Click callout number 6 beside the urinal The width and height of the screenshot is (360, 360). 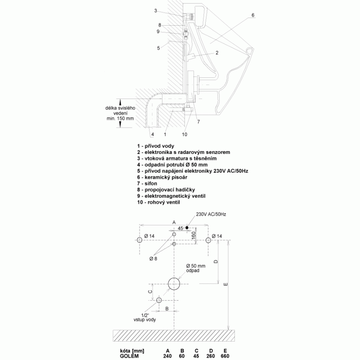253,15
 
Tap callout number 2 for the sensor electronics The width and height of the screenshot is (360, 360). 217,53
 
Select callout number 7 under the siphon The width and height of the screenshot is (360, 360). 198,121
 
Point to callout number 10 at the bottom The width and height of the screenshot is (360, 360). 184,134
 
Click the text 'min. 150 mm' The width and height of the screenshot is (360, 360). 120,119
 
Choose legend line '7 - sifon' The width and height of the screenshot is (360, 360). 147,184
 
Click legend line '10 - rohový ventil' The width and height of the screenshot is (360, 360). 158,202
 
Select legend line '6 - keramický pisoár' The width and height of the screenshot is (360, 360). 162,177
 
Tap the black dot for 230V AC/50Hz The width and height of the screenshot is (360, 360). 187,228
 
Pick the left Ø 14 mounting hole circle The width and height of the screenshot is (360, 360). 139,240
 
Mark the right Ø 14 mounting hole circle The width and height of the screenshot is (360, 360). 208,240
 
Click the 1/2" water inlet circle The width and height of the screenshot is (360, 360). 159,300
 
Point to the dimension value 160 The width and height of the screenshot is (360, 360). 193,235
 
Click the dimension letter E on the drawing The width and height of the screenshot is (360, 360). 226,284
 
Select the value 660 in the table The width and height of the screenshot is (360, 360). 225,356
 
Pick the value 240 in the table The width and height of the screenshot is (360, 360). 167,356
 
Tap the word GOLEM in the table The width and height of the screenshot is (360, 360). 129,356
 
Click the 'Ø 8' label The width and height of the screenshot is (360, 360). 153,259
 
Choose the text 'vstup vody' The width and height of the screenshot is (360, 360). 144,319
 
